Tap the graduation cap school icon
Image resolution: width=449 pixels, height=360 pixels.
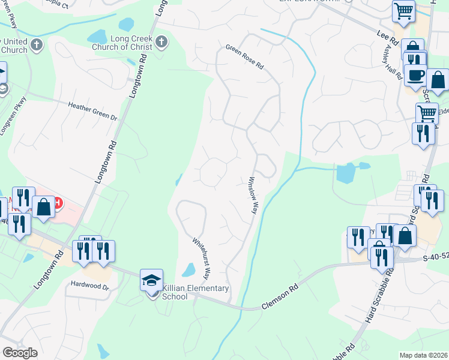(151, 280)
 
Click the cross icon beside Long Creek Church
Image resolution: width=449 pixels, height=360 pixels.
(161, 42)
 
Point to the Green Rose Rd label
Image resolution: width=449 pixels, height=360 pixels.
(244, 56)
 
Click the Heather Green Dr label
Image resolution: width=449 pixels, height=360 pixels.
(92, 111)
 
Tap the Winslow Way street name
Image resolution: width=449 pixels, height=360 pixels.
(253, 195)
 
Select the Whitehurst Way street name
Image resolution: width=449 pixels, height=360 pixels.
(200, 259)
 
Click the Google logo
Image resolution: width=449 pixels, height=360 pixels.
(20, 352)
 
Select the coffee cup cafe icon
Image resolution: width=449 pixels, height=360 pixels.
(415, 75)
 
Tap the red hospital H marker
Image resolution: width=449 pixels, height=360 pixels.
(57, 203)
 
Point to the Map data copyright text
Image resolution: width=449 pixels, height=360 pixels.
(423, 355)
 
